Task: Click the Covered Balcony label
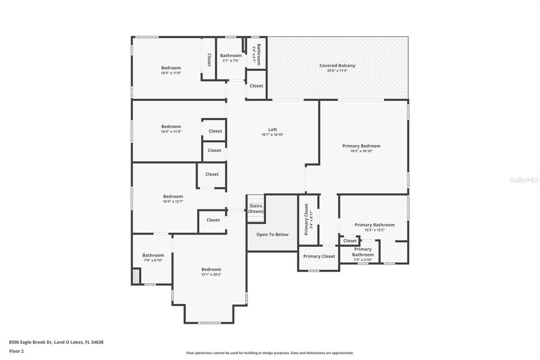point(337,65)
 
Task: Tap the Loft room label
point(273,130)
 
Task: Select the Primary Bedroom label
point(361,146)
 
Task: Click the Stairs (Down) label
point(255,208)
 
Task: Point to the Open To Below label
point(272,235)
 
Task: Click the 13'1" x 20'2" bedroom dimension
point(211,274)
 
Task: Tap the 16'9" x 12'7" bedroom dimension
point(173,201)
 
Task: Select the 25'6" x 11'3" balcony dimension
point(337,70)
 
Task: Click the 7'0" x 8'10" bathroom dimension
point(153,260)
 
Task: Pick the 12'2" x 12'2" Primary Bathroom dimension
point(375,230)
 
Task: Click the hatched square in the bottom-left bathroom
point(136,276)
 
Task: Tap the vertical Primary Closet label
point(306,219)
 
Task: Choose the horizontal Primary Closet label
point(319,256)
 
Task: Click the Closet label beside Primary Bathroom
point(350,241)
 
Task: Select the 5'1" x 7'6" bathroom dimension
point(231,60)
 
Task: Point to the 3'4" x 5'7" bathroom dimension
point(254,55)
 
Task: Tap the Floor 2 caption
point(16,351)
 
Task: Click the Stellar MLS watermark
point(524,180)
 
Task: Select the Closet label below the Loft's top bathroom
point(256,86)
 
